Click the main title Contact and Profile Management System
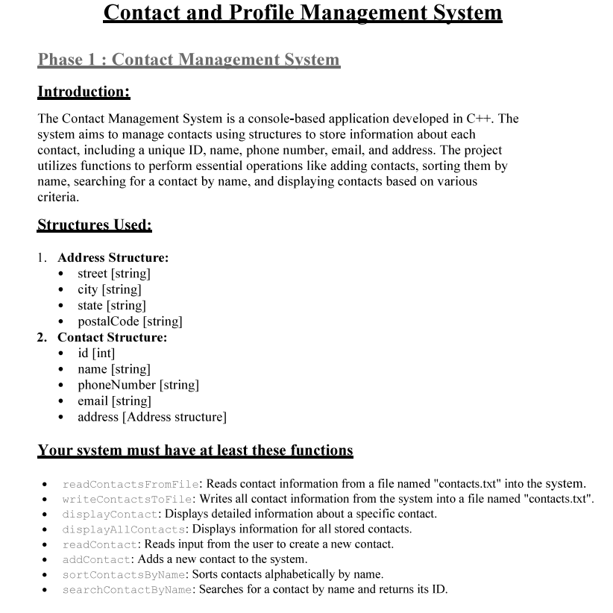(302, 13)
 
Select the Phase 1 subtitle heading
(189, 60)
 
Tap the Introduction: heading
(84, 92)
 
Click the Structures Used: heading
(94, 224)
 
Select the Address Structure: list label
(113, 257)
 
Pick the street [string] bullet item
(113, 274)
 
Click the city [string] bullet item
(109, 289)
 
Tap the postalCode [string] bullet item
(130, 321)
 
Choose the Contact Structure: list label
(112, 337)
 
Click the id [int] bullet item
(96, 353)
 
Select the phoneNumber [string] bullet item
(138, 385)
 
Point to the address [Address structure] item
(151, 417)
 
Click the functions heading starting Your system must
(195, 450)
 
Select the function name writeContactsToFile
(128, 499)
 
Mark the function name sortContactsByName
(125, 574)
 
